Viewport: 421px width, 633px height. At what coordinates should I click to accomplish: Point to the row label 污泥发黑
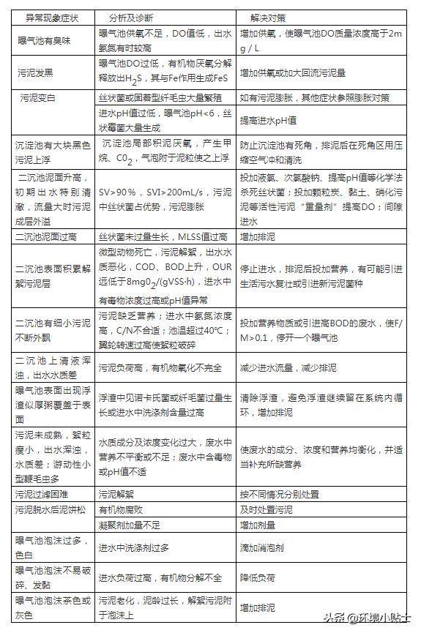42,72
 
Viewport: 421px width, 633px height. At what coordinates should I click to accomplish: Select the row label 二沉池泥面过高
52,237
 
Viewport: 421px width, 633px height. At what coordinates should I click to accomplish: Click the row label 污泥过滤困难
47,494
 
